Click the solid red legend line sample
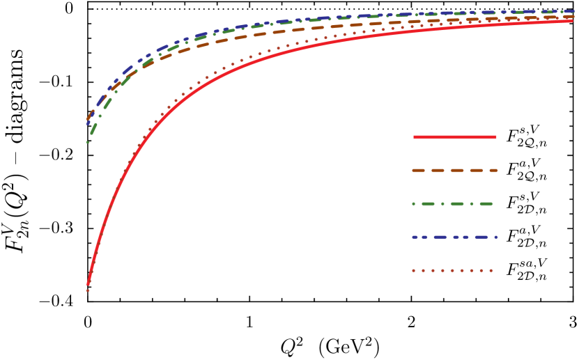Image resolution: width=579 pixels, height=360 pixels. click(454, 137)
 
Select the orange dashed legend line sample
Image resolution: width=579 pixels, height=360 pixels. click(454, 171)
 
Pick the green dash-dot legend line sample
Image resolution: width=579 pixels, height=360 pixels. click(453, 204)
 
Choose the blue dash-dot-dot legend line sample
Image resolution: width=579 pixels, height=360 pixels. click(454, 237)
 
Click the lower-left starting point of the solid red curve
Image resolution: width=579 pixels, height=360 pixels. click(88, 283)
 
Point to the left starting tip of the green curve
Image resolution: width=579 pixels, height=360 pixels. click(87, 142)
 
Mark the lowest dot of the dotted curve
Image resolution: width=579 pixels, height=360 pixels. click(88, 290)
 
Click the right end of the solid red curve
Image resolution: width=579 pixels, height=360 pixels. click(572, 21)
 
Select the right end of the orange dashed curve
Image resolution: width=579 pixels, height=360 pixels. click(571, 16)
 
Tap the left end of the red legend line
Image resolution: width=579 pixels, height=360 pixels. click(415, 137)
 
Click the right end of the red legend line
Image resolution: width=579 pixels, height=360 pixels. click(495, 137)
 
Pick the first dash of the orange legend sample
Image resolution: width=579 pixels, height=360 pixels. click(418, 171)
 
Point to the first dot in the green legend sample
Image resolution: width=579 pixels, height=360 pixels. click(413, 204)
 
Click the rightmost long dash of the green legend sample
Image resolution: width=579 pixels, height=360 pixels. click(486, 204)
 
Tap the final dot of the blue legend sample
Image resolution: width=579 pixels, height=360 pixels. click(496, 237)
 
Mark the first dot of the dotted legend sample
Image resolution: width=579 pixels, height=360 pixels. click(413, 270)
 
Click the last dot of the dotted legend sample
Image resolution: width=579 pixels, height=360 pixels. click(491, 270)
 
